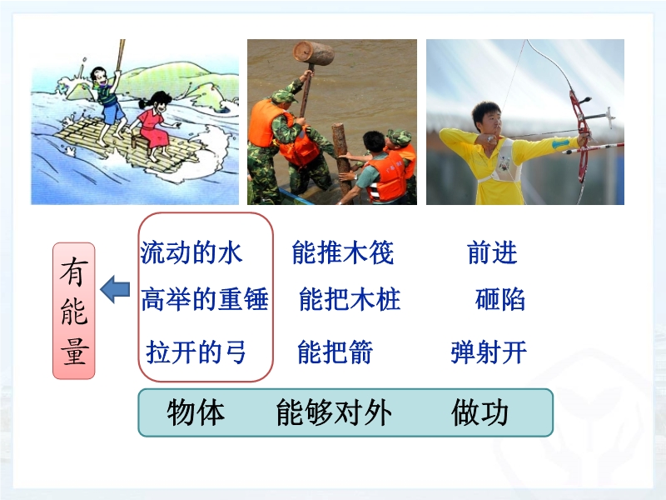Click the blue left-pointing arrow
115,289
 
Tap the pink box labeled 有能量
74,311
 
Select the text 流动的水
191,252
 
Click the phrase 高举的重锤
205,299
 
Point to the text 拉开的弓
196,352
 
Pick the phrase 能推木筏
343,252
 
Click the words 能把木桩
350,299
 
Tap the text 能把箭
335,352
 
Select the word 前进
492,252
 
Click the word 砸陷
500,299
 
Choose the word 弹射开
489,352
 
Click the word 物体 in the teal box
196,412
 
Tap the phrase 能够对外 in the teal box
334,412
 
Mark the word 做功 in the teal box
480,412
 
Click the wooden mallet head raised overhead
314,53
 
